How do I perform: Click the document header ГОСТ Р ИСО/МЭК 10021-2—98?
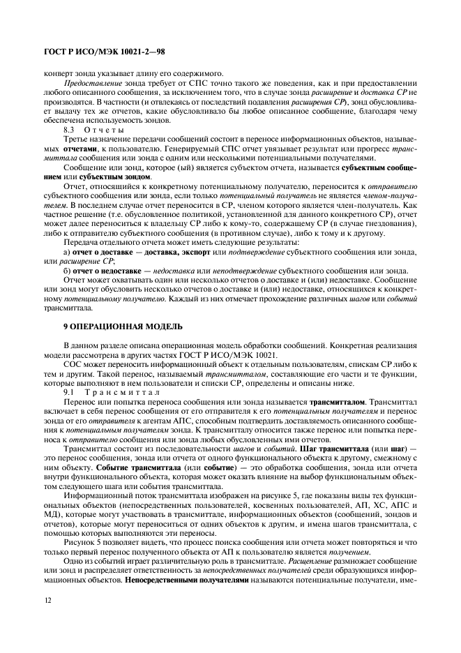[103, 52]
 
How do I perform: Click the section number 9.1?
[69, 393]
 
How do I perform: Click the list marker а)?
[67, 250]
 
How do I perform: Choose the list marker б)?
[67, 270]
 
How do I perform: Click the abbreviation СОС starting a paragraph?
[72, 364]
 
